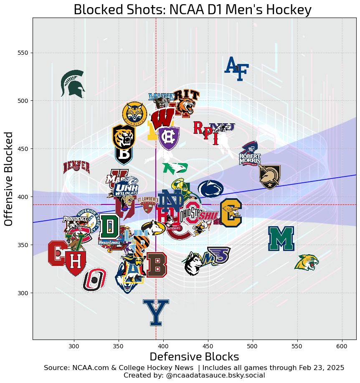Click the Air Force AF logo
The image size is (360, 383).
(236, 68)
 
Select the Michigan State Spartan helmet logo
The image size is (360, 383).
(73, 83)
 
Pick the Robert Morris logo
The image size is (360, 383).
(250, 153)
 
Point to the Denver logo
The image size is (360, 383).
(76, 167)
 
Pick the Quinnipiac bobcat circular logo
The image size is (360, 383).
(135, 114)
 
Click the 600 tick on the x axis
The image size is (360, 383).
(342, 340)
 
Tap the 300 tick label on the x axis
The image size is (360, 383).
(74, 346)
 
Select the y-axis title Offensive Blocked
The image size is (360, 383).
(10, 179)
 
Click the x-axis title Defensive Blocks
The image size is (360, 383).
(194, 357)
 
